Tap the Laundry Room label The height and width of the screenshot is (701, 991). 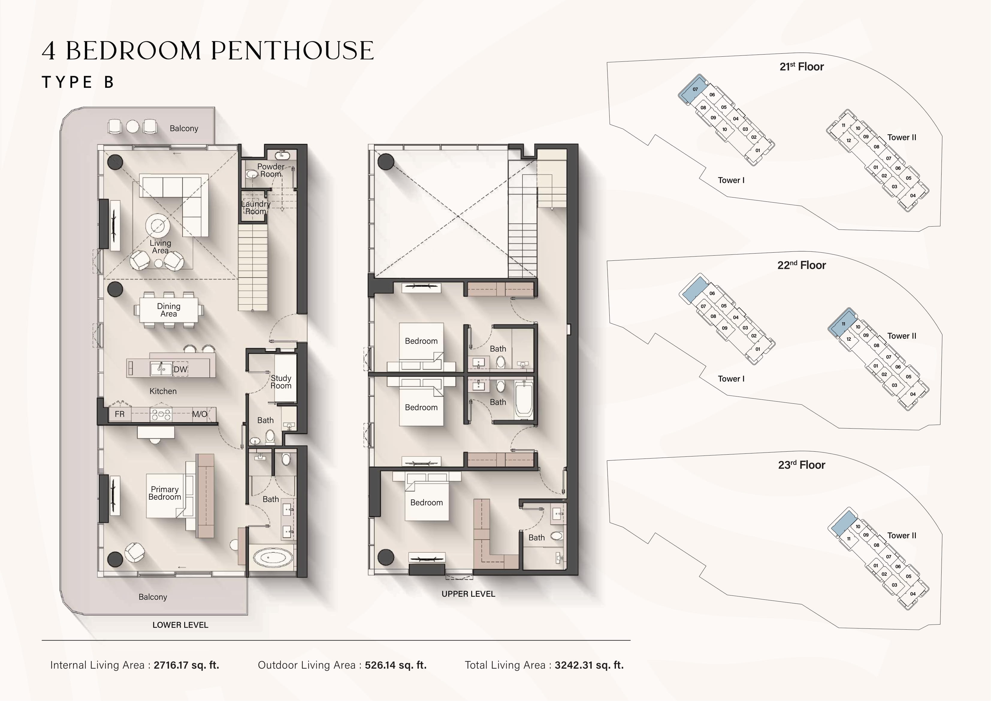coord(256,207)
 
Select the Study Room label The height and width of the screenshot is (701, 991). coord(281,382)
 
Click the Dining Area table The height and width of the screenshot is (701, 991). coord(169,310)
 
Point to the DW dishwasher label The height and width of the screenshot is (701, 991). coord(180,369)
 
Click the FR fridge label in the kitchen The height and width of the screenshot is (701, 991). coord(120,414)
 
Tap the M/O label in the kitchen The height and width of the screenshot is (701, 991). coord(200,414)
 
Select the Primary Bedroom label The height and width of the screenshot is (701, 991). coord(164,493)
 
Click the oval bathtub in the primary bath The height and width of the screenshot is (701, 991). coord(272,558)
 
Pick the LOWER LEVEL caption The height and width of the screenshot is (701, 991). coord(180,625)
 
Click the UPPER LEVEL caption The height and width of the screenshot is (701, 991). coord(468,594)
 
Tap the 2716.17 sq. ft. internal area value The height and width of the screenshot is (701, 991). coord(186,665)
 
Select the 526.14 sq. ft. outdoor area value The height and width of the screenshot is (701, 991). coord(396,665)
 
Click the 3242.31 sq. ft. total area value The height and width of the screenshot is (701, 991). coord(589,665)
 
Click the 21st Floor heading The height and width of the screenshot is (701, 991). coord(802,67)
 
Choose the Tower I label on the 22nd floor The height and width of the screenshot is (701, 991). coord(731,379)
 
